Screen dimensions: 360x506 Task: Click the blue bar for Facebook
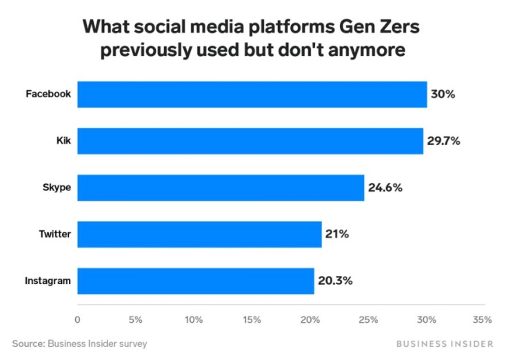(252, 94)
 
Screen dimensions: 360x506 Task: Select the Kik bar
(250, 141)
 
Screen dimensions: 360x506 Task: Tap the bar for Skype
(221, 188)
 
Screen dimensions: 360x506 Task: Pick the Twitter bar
(199, 234)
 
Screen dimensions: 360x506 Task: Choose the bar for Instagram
(195, 281)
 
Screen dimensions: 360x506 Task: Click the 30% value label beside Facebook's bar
(443, 94)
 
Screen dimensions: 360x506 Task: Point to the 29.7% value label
(443, 141)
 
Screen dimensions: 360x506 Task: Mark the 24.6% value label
(385, 188)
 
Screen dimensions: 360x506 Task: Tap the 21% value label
(337, 234)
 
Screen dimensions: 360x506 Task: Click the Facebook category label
(48, 94)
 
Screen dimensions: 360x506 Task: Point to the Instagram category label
(48, 281)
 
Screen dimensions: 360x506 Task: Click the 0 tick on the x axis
(77, 319)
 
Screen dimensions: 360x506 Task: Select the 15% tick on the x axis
(252, 319)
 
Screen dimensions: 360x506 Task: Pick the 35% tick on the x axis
(483, 319)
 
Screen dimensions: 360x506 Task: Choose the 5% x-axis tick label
(135, 319)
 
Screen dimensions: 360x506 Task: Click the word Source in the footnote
(28, 343)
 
